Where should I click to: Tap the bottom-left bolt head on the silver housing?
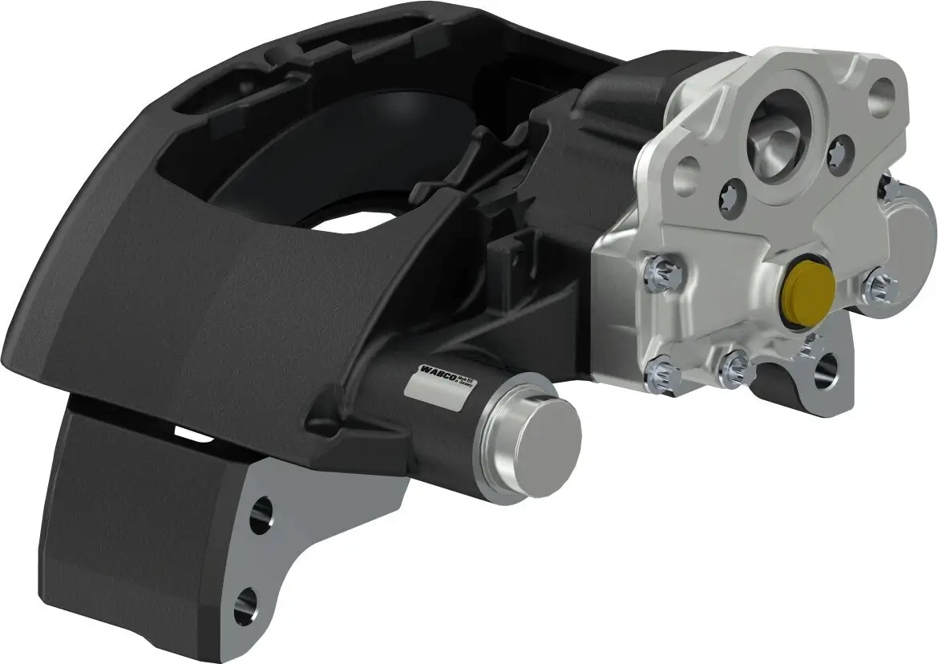click(x=665, y=372)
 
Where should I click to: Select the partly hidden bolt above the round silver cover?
click(x=884, y=186)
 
